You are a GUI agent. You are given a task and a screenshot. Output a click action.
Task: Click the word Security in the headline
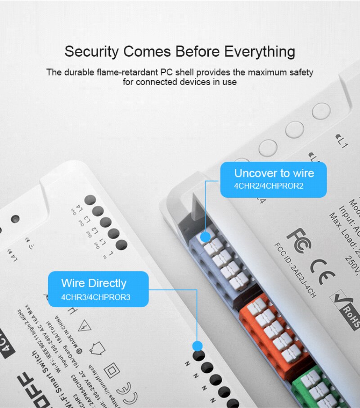tap(92, 51)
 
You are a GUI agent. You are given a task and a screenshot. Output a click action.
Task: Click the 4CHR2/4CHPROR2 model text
tap(269, 186)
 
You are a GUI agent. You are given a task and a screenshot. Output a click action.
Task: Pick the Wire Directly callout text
tap(94, 283)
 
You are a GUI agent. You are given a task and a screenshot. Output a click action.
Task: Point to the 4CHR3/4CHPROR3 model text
tap(96, 297)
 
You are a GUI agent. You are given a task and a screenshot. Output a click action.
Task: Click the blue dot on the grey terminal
tap(205, 236)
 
